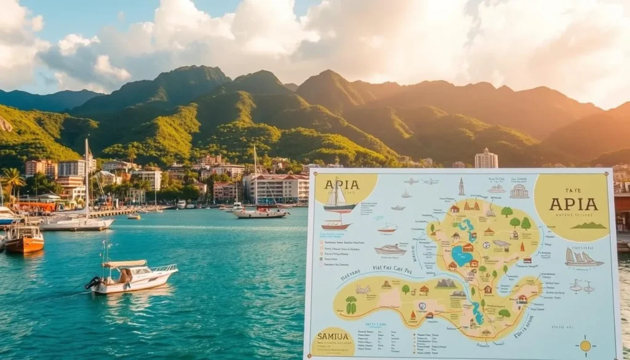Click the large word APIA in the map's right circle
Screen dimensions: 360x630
pyautogui.click(x=573, y=204)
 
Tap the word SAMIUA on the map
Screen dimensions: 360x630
pyautogui.click(x=333, y=337)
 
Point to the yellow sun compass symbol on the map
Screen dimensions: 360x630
pyautogui.click(x=584, y=346)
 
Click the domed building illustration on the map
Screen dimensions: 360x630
pyautogui.click(x=519, y=191)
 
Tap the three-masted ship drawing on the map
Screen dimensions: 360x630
pyautogui.click(x=581, y=258)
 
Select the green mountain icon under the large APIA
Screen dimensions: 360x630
pyautogui.click(x=589, y=225)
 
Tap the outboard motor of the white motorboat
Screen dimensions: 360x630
pyautogui.click(x=94, y=282)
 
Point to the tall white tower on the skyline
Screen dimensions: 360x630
pyautogui.click(x=486, y=158)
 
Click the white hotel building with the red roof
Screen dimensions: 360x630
pyautogui.click(x=277, y=187)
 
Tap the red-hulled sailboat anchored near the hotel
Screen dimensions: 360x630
pyautogui.click(x=261, y=214)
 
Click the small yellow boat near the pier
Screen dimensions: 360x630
pyautogui.click(x=134, y=217)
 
